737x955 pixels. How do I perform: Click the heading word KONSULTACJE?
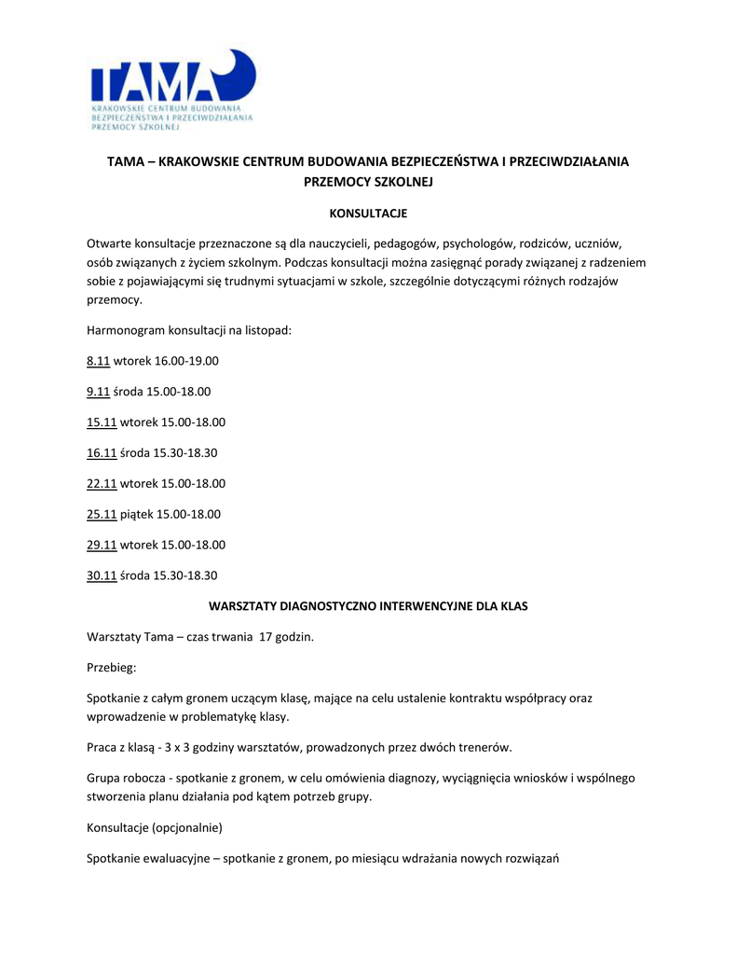point(368,214)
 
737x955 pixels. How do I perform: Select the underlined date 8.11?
point(98,360)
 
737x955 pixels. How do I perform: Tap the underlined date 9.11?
point(98,391)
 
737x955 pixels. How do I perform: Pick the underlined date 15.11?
point(101,422)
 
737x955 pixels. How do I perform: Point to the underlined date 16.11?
point(101,452)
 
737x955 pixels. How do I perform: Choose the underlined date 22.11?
point(101,483)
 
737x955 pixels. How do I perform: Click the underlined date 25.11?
point(101,514)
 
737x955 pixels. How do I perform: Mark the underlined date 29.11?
point(101,545)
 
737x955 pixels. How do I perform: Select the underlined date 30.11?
point(101,575)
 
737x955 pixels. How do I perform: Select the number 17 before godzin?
point(266,637)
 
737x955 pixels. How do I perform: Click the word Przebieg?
point(111,668)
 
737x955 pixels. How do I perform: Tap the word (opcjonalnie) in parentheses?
point(190,827)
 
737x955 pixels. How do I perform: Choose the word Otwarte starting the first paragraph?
point(109,244)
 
